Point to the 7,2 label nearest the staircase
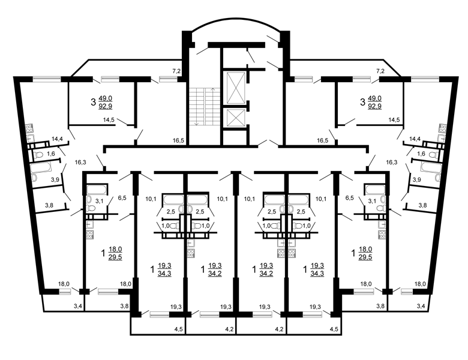(x=176, y=71)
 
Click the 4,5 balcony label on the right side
(x=334, y=329)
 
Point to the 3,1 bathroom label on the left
(x=100, y=201)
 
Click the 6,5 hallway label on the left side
(x=122, y=197)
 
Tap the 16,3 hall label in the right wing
(x=392, y=162)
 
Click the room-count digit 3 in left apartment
(x=93, y=103)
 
